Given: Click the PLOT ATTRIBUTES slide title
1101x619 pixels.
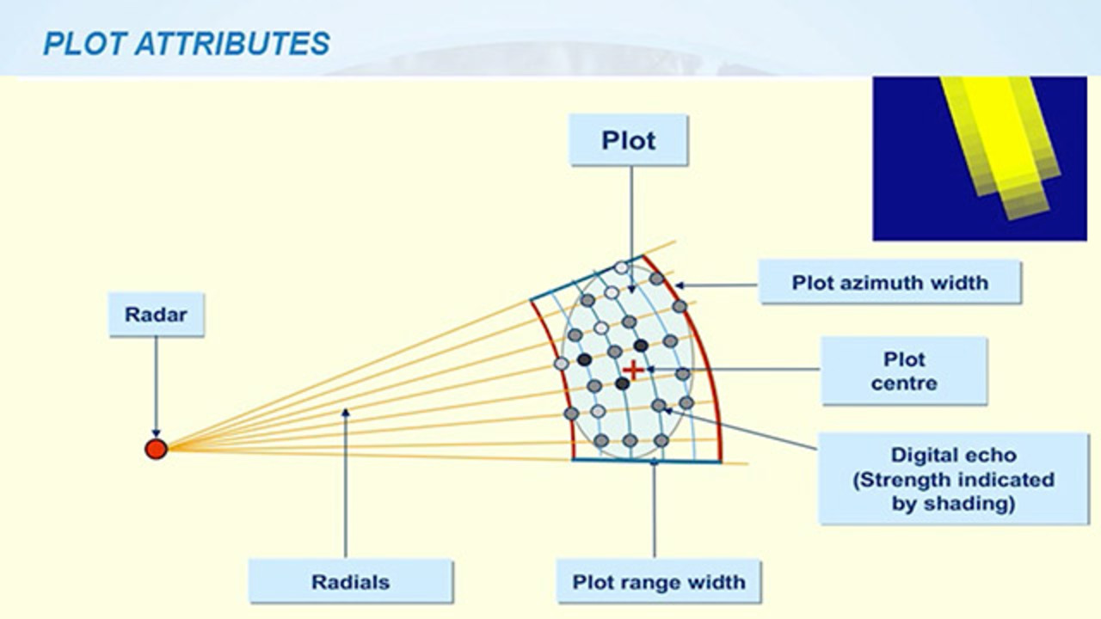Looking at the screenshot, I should click(x=186, y=43).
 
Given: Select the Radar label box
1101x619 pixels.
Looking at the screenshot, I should click(x=156, y=314).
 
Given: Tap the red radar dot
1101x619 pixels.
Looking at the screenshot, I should click(x=156, y=449).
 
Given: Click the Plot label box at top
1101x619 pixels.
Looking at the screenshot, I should click(x=629, y=140).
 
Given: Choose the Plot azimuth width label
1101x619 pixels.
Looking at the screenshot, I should click(x=889, y=283).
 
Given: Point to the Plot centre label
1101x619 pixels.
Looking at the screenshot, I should click(x=903, y=371).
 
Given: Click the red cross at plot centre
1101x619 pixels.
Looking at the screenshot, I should click(x=633, y=371).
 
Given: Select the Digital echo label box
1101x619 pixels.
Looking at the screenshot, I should click(x=953, y=479).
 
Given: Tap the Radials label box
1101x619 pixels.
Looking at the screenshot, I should click(x=350, y=582).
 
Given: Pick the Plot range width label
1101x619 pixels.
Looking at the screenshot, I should click(x=659, y=582).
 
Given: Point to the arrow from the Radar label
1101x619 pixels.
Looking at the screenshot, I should click(x=156, y=387).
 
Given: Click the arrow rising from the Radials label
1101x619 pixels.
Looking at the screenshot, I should click(x=345, y=481).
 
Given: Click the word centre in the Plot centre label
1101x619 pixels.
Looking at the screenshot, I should click(x=903, y=383).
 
